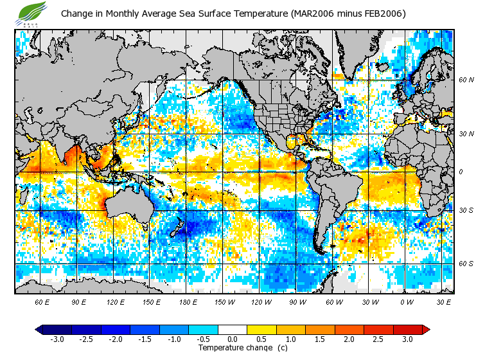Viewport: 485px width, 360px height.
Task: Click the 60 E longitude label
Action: click(x=42, y=301)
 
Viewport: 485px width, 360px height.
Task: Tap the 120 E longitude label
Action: click(x=116, y=301)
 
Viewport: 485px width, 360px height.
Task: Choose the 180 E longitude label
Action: click(x=188, y=301)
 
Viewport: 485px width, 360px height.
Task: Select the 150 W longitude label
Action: click(x=224, y=301)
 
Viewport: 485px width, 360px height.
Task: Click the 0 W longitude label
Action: click(x=407, y=301)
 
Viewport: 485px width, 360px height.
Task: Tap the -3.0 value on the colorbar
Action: click(x=57, y=339)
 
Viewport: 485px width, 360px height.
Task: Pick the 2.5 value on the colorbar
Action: click(x=379, y=339)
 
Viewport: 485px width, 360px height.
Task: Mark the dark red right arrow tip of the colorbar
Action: click(x=426, y=329)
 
